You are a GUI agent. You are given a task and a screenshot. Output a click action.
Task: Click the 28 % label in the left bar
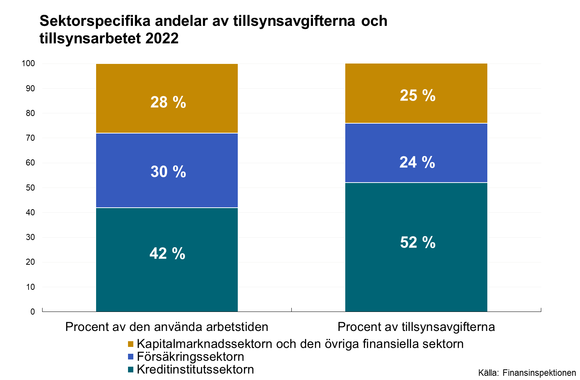click(x=168, y=102)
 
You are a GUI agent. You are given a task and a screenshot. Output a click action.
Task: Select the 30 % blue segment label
click(x=168, y=172)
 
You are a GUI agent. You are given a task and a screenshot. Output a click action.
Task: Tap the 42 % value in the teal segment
click(x=167, y=253)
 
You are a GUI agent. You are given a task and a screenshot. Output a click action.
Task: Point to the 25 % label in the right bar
click(x=417, y=95)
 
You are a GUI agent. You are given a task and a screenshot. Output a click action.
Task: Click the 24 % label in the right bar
click(x=417, y=162)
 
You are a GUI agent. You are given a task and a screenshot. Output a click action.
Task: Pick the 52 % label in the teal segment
click(x=417, y=242)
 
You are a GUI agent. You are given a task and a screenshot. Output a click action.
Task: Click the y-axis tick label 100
click(x=28, y=64)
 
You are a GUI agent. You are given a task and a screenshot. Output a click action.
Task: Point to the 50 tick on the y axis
click(x=30, y=188)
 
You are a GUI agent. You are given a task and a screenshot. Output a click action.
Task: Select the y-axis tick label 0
click(x=33, y=312)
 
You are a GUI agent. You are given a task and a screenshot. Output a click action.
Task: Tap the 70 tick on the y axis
click(x=30, y=138)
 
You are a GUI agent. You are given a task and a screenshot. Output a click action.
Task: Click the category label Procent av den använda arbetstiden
click(x=167, y=327)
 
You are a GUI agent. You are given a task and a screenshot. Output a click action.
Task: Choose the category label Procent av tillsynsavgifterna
click(x=416, y=327)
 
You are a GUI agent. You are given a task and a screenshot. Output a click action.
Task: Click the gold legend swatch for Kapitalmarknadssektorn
click(x=131, y=344)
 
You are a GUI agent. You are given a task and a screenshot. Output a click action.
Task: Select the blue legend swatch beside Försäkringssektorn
click(x=131, y=357)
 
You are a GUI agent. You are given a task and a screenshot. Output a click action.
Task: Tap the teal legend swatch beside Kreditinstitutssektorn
click(x=131, y=369)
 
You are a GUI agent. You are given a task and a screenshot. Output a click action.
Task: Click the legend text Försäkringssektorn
click(x=190, y=357)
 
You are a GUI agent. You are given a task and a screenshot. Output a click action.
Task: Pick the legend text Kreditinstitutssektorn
click(x=195, y=369)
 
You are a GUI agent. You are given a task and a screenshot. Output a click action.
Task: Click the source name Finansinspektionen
click(x=539, y=373)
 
